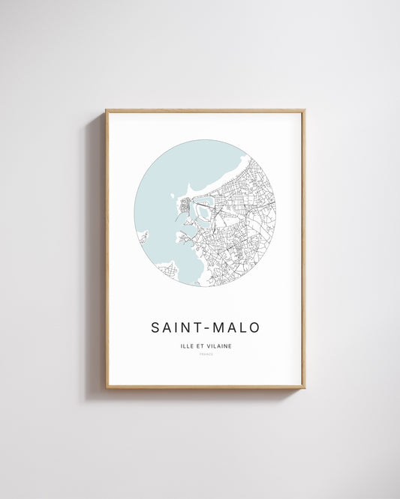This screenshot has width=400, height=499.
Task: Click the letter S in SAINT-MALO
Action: [x=156, y=327]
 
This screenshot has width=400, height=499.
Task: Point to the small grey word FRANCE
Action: [x=206, y=354]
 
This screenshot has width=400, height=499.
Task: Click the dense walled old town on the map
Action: [x=185, y=203]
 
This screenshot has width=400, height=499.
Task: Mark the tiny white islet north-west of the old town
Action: [x=173, y=199]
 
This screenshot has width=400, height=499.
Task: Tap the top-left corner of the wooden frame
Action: [x=107, y=111]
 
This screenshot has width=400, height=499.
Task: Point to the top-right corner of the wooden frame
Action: [x=304, y=111]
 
